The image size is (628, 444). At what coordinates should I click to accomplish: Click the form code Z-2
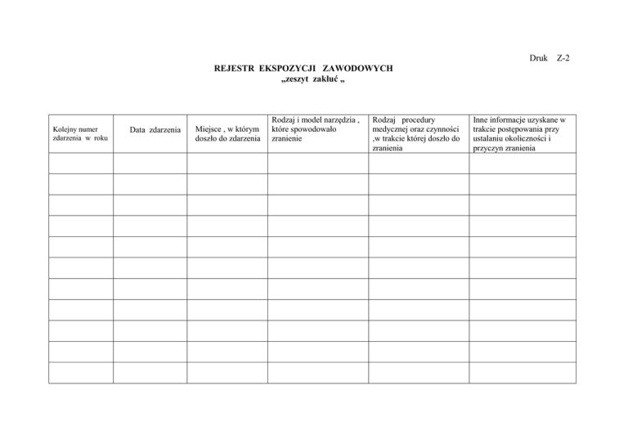[563, 59]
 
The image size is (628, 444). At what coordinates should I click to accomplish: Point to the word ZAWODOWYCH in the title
[357, 70]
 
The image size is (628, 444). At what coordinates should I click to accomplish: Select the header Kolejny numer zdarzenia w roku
[79, 133]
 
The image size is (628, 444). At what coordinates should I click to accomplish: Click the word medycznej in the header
[392, 129]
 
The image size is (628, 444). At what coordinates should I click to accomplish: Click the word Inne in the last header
[482, 119]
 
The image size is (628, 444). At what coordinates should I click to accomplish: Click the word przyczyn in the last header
[491, 149]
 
